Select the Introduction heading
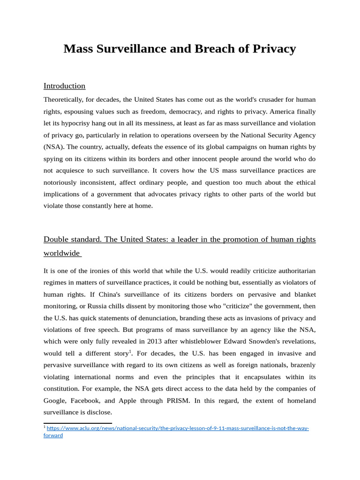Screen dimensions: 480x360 [x=64, y=86]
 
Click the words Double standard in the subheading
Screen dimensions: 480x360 [x=72, y=240]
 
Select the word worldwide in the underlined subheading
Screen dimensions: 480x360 [x=61, y=254]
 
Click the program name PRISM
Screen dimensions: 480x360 [x=177, y=401]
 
